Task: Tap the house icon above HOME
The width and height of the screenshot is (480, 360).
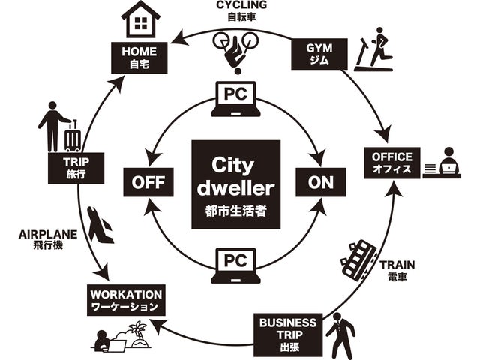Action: point(140,21)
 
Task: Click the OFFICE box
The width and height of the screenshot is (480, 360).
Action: point(391,162)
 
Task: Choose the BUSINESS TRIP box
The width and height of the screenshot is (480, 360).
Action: point(287,332)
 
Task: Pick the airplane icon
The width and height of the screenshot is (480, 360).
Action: point(100,224)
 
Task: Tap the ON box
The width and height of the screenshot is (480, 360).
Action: point(320,181)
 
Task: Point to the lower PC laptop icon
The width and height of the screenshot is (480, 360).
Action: point(235,266)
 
